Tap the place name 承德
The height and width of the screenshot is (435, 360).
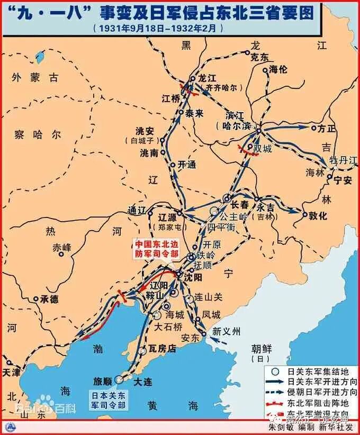pos(49,299)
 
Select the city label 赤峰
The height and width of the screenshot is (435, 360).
pos(61,247)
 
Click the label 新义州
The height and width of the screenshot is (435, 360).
pos(226,332)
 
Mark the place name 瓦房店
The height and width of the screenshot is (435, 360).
pos(160,351)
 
